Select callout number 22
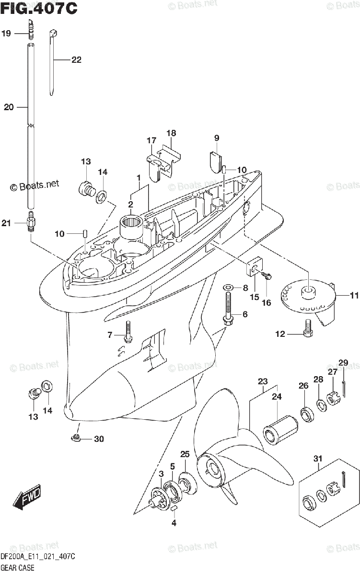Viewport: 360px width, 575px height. (76, 60)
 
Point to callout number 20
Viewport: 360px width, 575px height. (9, 107)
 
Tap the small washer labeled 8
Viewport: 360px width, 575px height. (228, 287)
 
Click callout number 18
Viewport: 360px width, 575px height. (171, 133)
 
